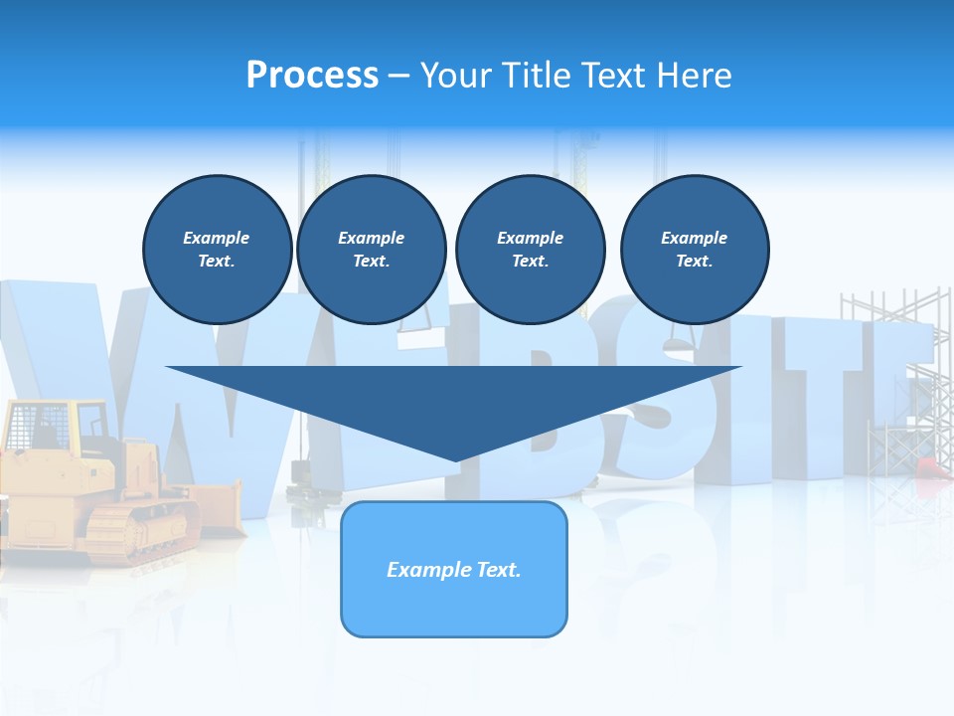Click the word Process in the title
(x=312, y=76)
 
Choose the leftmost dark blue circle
(x=217, y=250)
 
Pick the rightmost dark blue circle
(x=694, y=250)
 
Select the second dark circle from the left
(x=371, y=250)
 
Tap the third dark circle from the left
(x=530, y=250)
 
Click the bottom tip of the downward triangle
(x=455, y=458)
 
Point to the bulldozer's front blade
(x=216, y=507)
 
